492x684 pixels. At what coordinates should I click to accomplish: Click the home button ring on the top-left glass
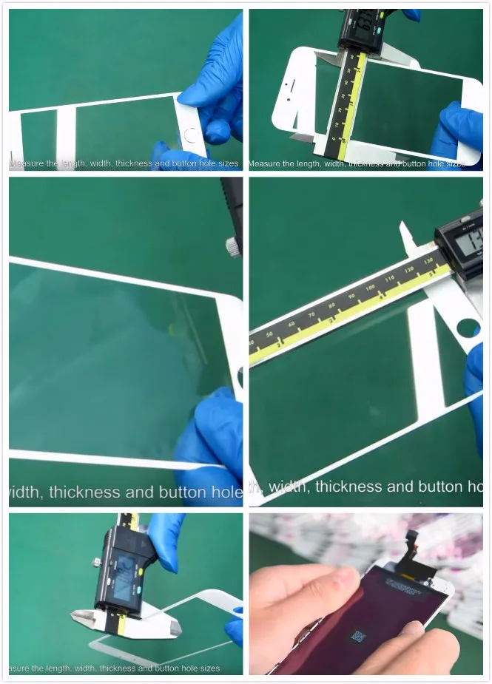(192, 136)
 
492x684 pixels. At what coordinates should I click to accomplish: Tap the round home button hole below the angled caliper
(469, 326)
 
